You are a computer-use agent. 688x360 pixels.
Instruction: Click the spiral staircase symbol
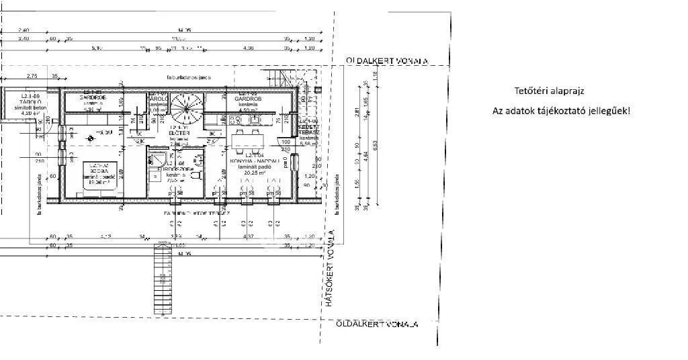pyautogui.click(x=185, y=108)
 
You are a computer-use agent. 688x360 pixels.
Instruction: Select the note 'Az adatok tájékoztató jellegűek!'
pyautogui.click(x=562, y=110)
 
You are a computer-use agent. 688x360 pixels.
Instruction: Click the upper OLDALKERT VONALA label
pyautogui.click(x=387, y=60)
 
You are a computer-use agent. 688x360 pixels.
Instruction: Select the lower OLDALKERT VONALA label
pyautogui.click(x=377, y=324)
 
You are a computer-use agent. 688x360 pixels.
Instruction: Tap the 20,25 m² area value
pyautogui.click(x=250, y=173)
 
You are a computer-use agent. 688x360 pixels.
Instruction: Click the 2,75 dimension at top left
pyautogui.click(x=32, y=76)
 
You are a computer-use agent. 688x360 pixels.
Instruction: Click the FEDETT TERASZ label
pyautogui.click(x=309, y=130)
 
